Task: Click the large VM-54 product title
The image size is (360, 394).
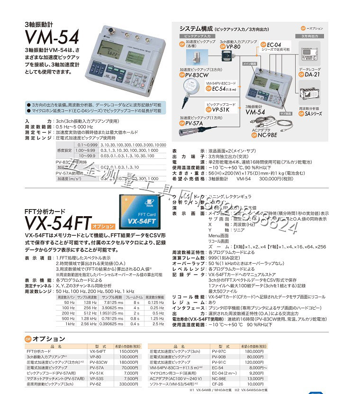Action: coord(52,37)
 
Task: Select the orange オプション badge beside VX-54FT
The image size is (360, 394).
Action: coord(103,227)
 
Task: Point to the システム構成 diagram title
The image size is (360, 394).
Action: coord(194,28)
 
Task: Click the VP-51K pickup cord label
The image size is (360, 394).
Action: coord(220,110)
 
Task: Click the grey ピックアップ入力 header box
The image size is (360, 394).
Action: coord(196,36)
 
